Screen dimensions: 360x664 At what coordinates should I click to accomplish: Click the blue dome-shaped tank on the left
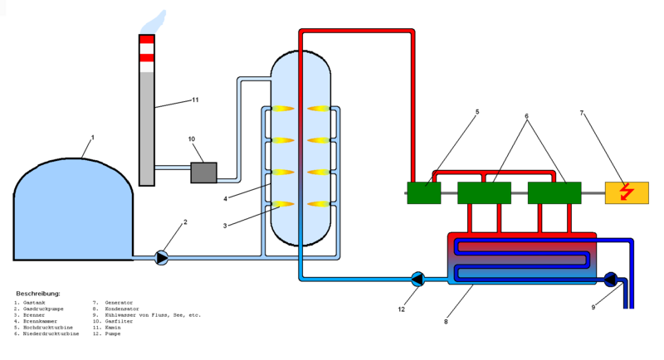tap(73, 212)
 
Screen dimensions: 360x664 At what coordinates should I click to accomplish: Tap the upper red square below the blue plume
tap(146, 40)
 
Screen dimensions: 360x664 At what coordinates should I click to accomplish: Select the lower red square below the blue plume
tap(146, 57)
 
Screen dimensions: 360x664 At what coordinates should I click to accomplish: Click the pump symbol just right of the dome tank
tap(161, 258)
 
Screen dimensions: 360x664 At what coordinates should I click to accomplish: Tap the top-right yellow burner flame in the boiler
tap(319, 109)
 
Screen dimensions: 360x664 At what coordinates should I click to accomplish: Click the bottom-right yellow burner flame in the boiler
tap(319, 204)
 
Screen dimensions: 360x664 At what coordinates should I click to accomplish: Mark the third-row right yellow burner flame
tap(319, 173)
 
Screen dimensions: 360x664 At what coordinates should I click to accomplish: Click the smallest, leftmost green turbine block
tap(423, 192)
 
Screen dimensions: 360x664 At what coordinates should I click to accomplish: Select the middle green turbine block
tap(484, 192)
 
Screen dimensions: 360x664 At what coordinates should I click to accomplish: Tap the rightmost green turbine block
tap(554, 192)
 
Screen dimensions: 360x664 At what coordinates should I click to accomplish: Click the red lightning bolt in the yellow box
tap(627, 192)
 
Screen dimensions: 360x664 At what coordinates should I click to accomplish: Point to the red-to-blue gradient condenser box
tap(522, 259)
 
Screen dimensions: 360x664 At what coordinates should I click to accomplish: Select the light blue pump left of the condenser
tap(417, 280)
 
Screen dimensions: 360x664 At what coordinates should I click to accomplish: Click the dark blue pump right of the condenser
tap(610, 280)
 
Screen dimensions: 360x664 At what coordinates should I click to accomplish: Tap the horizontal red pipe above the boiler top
tap(357, 31)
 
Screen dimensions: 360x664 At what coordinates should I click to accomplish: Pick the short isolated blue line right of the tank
tap(173, 168)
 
